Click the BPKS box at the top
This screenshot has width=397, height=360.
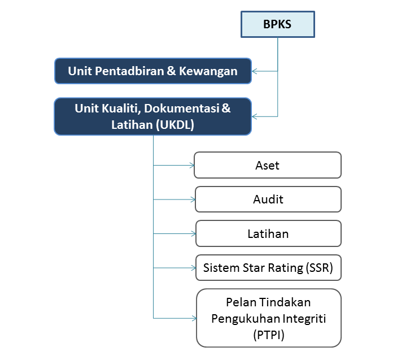278,24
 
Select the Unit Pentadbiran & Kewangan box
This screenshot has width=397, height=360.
153,71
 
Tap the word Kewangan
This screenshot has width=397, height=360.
208,71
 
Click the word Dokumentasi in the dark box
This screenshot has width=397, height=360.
181,109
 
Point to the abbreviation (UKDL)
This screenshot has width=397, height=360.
175,125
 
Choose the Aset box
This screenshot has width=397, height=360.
268,165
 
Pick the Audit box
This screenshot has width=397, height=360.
268,199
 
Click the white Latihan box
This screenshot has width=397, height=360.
268,233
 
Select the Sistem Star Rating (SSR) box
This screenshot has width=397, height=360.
268,268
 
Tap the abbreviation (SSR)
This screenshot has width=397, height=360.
319,268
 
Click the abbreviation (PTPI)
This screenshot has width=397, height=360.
269,335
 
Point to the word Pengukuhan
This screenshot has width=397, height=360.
245,319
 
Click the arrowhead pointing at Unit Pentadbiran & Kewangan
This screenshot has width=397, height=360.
255,71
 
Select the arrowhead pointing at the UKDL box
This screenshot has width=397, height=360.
255,116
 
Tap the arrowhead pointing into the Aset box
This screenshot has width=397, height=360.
192,166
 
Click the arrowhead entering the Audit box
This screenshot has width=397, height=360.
193,199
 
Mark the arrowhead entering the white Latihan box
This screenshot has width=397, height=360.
194,233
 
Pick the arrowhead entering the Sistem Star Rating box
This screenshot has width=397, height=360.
194,268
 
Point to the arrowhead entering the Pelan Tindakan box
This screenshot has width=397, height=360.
194,318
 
